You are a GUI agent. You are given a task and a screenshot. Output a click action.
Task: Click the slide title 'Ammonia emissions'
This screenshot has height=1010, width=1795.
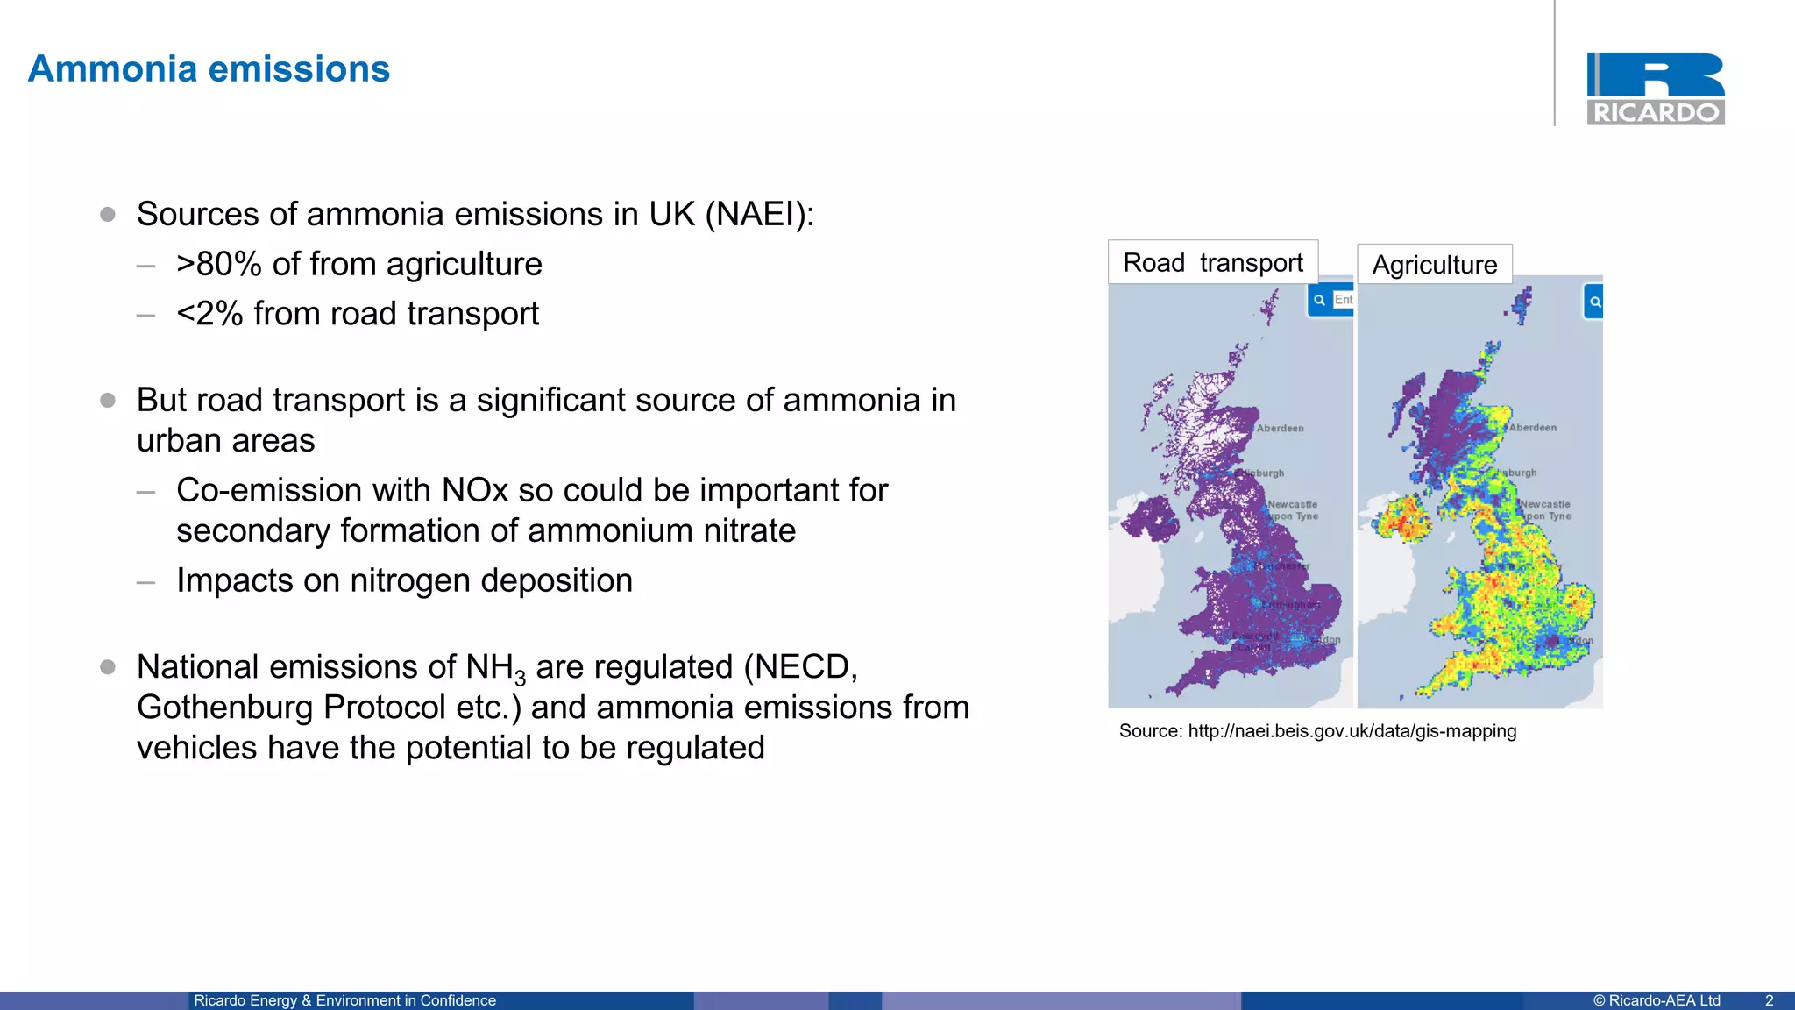209,69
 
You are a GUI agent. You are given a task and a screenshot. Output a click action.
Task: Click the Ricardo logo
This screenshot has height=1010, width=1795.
1655,89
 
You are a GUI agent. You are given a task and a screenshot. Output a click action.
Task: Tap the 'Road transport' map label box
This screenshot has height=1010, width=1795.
1213,262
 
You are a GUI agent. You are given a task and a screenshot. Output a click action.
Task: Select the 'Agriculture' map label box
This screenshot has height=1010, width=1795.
1435,265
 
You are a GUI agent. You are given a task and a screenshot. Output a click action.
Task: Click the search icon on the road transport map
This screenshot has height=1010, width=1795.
1319,300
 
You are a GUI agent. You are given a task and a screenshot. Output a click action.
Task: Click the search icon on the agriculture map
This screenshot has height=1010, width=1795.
1595,302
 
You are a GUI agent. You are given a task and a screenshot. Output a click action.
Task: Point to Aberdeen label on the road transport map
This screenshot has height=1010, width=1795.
1281,429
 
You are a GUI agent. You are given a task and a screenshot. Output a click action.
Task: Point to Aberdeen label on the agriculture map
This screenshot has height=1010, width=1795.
1533,428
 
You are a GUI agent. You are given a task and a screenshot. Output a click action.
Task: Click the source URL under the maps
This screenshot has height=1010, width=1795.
1352,731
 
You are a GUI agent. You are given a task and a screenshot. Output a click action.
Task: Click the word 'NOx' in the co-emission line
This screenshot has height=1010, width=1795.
475,490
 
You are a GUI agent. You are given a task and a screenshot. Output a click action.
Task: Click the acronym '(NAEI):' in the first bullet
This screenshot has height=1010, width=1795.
759,214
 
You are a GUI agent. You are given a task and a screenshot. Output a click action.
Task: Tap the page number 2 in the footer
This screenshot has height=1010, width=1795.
1769,1000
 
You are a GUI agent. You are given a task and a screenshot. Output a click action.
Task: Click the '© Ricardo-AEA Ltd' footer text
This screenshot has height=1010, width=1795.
1657,1000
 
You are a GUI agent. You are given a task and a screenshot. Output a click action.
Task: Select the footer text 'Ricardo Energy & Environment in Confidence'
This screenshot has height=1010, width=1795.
344,1000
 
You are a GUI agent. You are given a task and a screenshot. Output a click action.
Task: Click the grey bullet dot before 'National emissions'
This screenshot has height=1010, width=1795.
108,667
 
